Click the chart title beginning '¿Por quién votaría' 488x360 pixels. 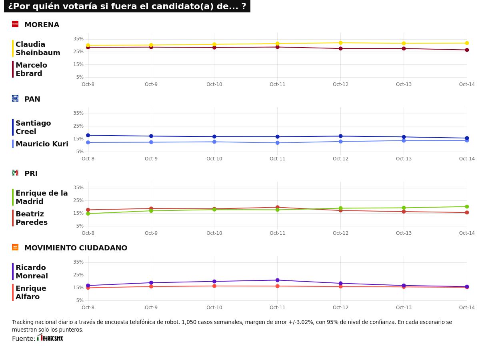coord(127,6)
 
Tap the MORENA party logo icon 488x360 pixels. coord(15,24)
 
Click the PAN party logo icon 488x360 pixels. coord(15,98)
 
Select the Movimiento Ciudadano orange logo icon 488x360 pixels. coord(15,247)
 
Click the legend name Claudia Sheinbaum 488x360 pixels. coord(38,48)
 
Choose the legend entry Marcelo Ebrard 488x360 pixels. coord(31,69)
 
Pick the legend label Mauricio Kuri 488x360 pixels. coord(42,144)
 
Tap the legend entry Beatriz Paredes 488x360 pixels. coord(31,218)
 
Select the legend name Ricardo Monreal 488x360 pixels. coord(32,272)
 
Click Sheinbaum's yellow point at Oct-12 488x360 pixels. coord(340,43)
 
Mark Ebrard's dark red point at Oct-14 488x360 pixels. coord(467,50)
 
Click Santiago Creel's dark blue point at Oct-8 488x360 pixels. coord(88,135)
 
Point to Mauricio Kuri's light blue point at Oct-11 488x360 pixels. coord(277,143)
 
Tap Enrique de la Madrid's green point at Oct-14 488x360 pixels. coord(467,207)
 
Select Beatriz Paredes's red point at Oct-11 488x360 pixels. coord(277,208)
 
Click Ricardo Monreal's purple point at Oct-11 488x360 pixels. coord(277,280)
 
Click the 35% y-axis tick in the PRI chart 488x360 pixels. coord(78,188)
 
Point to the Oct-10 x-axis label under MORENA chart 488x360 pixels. coord(214,84)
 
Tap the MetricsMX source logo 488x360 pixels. coord(50,338)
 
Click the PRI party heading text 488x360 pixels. coord(31,174)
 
